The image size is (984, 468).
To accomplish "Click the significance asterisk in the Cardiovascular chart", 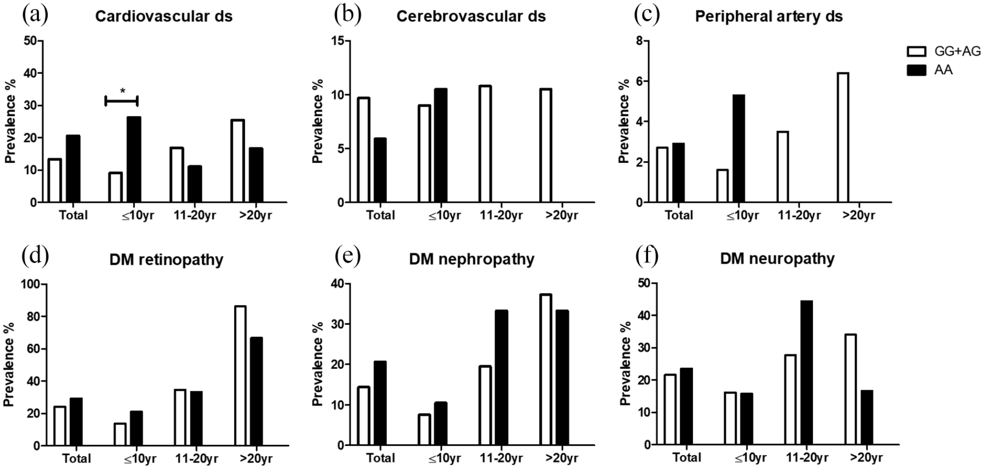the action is coord(122,91).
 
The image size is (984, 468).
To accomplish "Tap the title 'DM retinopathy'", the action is coord(166,259).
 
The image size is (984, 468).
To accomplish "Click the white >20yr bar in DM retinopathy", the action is coord(240,375).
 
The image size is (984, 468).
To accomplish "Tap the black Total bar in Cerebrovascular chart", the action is coord(380,170).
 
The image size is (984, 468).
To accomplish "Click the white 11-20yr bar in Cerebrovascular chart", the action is coord(485,144).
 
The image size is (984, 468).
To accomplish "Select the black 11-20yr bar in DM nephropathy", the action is coord(502,377).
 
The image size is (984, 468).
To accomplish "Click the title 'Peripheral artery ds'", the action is coord(769,16).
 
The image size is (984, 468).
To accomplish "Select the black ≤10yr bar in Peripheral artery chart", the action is coord(739,148).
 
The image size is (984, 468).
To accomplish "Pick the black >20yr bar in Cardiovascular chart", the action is coord(256,175).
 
